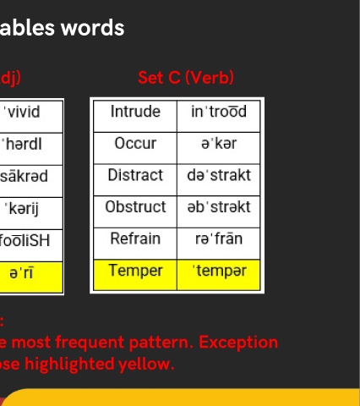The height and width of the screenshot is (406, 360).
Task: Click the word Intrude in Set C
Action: (x=135, y=112)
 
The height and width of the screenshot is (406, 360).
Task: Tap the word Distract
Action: (x=135, y=175)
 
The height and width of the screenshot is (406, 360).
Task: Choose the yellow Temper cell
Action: (x=135, y=275)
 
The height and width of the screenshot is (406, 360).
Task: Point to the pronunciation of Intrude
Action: (x=219, y=112)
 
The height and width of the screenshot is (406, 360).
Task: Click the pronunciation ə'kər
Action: (x=219, y=143)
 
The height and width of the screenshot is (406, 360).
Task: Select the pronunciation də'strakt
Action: (x=219, y=175)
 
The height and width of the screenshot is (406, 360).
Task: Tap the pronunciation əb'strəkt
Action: (x=219, y=207)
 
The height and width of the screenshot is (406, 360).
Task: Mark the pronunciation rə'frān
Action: (x=219, y=239)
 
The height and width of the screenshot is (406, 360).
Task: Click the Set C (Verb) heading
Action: (x=186, y=78)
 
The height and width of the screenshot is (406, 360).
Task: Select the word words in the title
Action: (x=93, y=28)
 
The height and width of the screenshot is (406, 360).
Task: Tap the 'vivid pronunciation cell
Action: (x=31, y=117)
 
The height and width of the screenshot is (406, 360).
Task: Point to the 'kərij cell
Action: (x=31, y=213)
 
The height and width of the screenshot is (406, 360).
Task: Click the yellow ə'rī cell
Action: (x=31, y=277)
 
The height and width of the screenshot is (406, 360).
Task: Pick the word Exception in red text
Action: (x=238, y=343)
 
